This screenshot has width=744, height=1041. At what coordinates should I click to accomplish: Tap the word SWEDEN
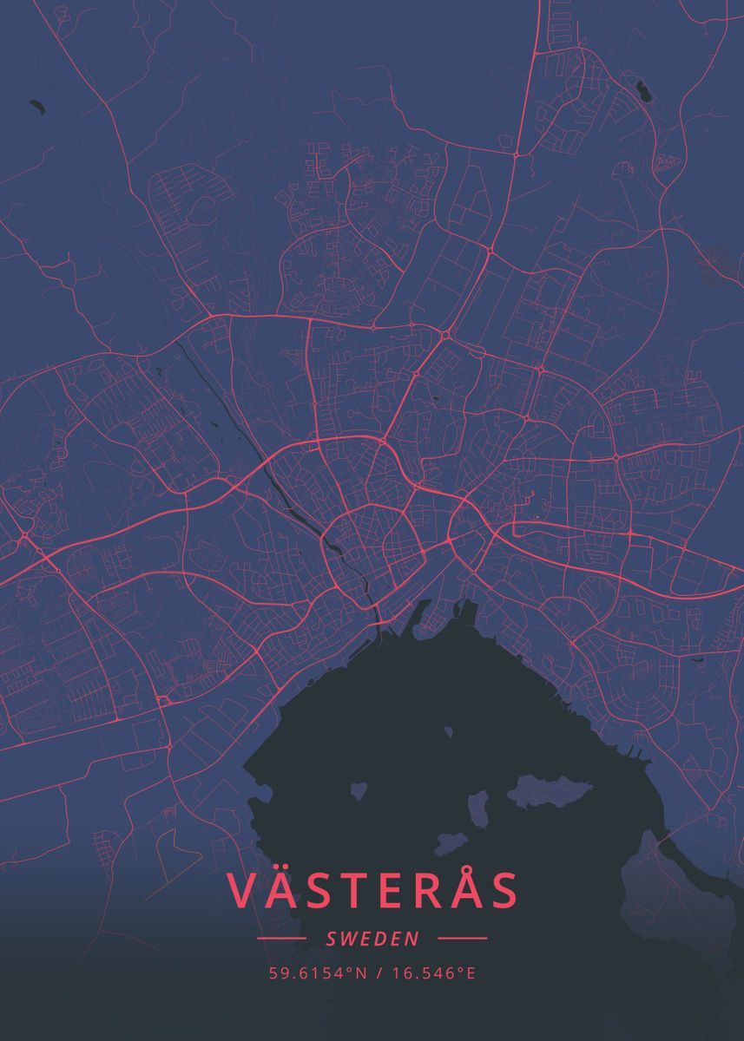click(372, 939)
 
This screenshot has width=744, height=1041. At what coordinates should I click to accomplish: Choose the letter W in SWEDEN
click(349, 939)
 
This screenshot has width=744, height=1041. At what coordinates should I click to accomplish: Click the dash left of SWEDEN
click(281, 939)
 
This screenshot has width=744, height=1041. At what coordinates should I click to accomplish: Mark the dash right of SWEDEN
click(463, 939)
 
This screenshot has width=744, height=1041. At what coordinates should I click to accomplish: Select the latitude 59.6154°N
click(318, 973)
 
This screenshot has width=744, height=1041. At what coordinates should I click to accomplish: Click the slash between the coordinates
click(379, 973)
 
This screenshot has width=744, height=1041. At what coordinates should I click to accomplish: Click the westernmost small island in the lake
click(359, 791)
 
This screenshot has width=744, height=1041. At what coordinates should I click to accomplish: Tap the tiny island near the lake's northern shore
click(448, 732)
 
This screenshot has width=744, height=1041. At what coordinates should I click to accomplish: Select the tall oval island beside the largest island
click(478, 809)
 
